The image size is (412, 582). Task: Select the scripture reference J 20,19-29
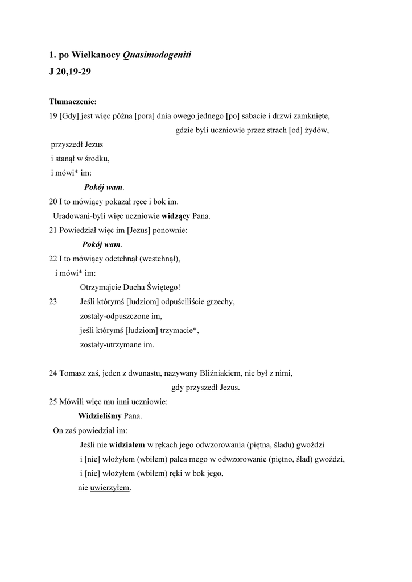click(x=71, y=73)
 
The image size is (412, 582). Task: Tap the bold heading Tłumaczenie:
click(x=73, y=102)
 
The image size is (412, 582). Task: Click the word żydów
click(x=317, y=130)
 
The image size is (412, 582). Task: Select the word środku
click(x=96, y=159)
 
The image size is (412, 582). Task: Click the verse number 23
click(x=53, y=301)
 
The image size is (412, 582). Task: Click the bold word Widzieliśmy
click(x=100, y=416)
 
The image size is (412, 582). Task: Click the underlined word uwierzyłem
click(x=110, y=487)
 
